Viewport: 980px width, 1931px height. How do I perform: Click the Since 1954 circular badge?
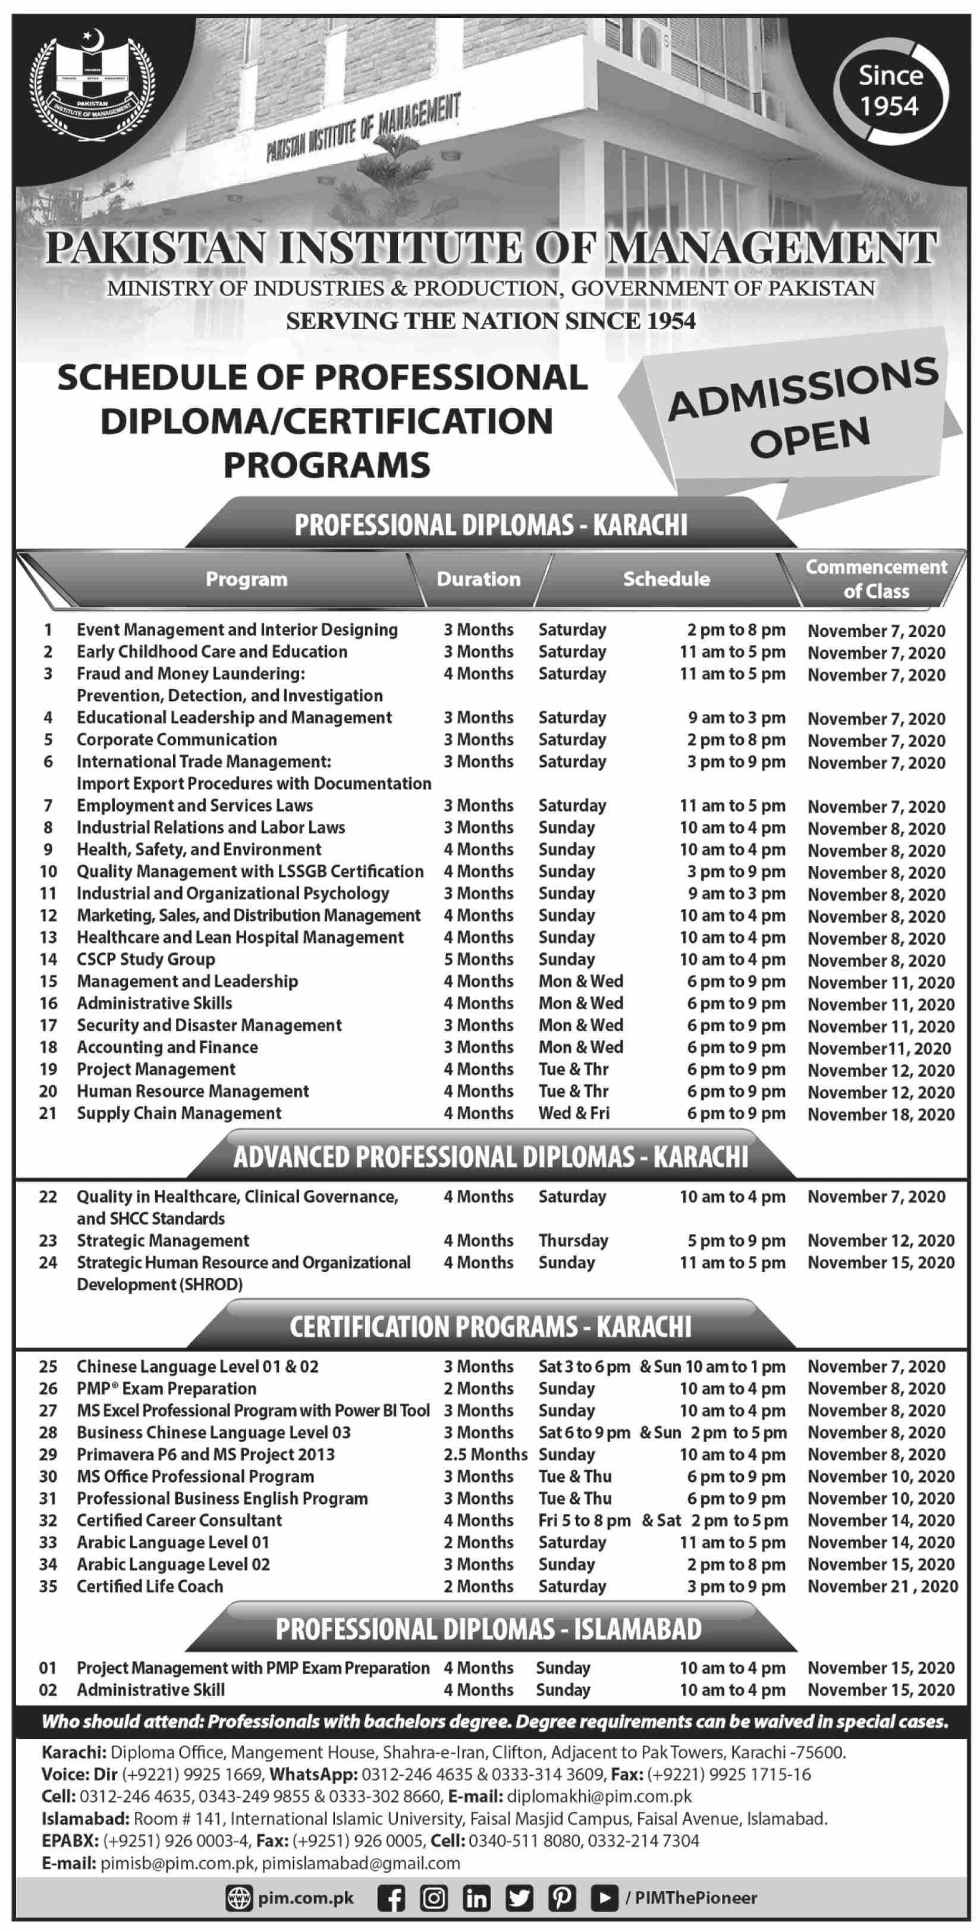point(890,90)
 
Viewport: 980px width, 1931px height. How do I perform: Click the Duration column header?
point(478,579)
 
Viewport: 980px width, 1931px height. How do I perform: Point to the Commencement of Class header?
point(875,579)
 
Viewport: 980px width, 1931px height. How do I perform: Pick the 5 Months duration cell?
point(478,960)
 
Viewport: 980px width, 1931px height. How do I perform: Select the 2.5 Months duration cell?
point(485,1454)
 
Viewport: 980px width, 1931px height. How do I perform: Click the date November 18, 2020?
point(880,1114)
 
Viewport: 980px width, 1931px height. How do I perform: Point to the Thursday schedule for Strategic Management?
point(573,1240)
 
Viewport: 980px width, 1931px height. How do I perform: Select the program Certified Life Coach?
point(149,1586)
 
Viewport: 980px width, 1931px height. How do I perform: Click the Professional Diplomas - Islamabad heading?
point(488,1629)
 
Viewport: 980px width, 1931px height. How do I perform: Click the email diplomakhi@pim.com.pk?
point(599,1796)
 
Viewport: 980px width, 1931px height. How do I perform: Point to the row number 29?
point(48,1454)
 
